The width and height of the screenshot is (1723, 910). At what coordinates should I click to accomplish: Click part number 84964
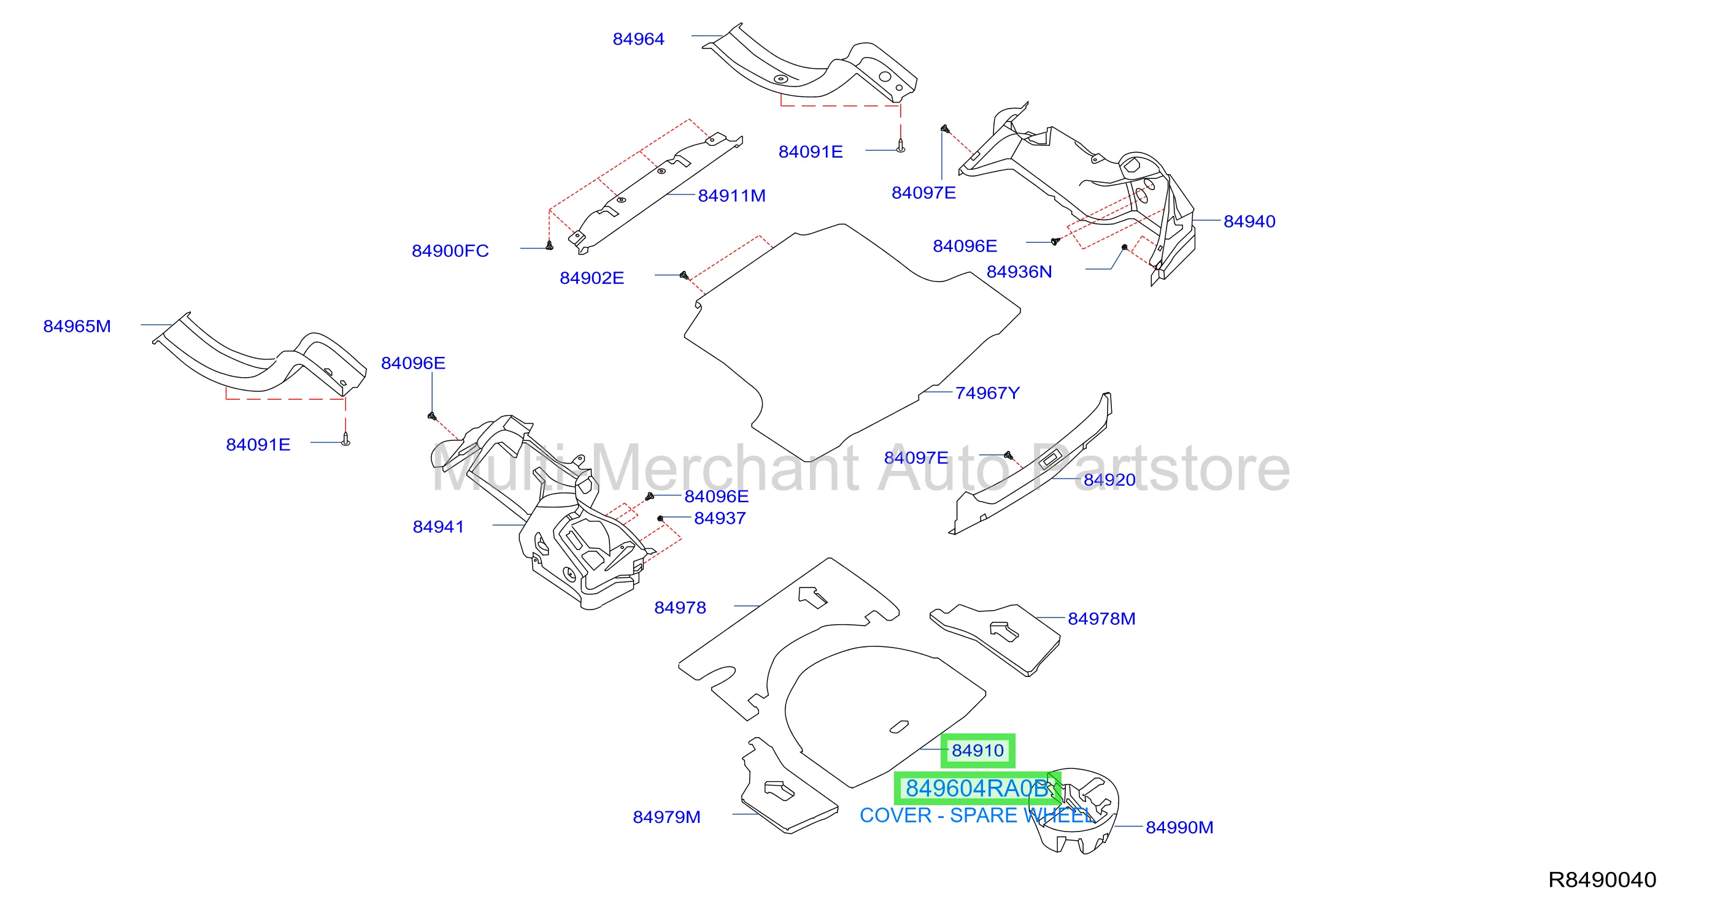coord(638,39)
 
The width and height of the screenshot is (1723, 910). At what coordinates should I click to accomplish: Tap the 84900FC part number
coord(450,251)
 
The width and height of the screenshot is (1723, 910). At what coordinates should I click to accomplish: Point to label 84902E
coord(592,278)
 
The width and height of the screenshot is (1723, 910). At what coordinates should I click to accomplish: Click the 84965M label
coord(77,326)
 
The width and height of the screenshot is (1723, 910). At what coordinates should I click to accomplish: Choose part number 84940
coord(1249,221)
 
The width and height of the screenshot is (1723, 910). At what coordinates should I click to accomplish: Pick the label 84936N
coord(1019,272)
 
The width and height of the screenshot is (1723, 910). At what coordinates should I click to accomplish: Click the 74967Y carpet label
coord(987,393)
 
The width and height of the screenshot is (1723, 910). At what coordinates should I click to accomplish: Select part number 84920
coord(1109,480)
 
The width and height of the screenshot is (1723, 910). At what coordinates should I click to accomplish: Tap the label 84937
coord(720,518)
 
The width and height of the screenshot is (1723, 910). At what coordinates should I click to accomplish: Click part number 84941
coord(438,527)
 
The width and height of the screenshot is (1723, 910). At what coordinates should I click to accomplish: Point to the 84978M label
coord(1101,619)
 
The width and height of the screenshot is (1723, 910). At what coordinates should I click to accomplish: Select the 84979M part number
coord(666,817)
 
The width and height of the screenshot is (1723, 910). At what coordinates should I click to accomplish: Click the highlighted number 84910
coord(977,751)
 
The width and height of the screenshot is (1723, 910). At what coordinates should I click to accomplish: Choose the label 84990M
coord(1179,828)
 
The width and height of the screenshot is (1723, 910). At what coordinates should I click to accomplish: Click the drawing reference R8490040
coord(1602,880)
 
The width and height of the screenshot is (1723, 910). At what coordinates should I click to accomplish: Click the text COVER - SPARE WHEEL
coord(976,816)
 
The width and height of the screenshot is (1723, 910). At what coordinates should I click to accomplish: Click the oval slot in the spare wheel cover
coord(899,727)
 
